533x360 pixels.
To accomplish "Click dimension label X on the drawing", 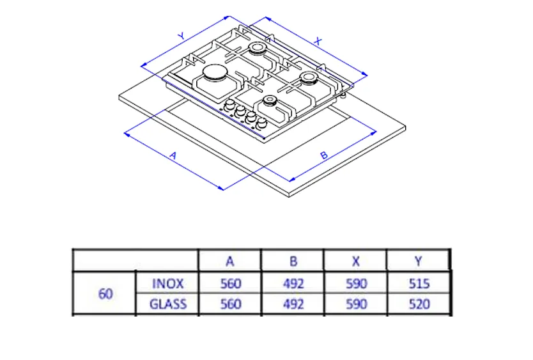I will point(318,40).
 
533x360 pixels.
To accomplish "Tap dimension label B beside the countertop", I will point(324,155).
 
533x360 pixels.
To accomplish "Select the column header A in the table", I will point(230,261).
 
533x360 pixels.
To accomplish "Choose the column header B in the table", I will point(293,261).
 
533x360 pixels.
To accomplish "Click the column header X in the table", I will point(356,261).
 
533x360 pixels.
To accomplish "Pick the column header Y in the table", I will point(419,261).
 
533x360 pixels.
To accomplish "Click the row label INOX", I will point(168,283).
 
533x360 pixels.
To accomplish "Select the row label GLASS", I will point(168,304).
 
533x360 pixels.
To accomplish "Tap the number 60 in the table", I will point(105,293).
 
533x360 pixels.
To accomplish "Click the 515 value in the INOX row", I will point(419,283).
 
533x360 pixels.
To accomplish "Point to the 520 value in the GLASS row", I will point(419,304).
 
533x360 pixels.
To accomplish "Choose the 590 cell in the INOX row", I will point(356,283).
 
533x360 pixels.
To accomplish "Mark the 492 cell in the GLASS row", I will point(293,304).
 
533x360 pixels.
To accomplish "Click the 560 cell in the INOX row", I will point(230,283).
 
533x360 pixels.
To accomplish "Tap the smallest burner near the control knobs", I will point(269,101).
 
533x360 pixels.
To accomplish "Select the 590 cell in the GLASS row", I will point(356,304).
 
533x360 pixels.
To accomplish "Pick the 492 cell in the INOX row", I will point(293,283).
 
